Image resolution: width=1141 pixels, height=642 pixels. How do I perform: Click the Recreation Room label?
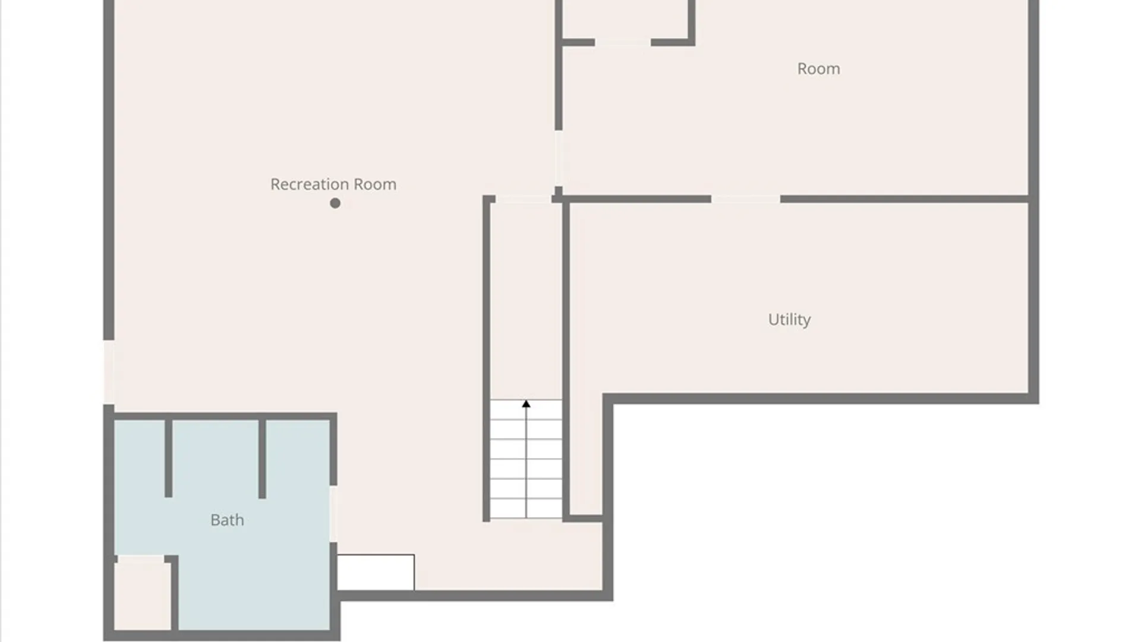tap(333, 184)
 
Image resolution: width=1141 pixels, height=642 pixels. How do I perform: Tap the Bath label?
tap(227, 520)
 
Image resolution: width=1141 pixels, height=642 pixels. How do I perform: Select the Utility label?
tap(789, 320)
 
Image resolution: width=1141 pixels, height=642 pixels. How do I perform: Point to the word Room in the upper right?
tap(818, 69)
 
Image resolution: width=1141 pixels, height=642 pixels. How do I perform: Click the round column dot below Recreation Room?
tap(335, 203)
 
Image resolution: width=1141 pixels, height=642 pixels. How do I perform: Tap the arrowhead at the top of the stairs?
tap(526, 404)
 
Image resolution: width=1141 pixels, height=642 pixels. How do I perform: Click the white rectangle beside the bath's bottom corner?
tap(376, 572)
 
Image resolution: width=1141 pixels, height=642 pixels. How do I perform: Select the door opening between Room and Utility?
tap(746, 199)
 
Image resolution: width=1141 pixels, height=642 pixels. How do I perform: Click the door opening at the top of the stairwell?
tap(524, 199)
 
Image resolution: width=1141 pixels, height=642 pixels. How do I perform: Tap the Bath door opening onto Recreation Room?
tap(333, 514)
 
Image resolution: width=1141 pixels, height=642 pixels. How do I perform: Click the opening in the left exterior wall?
tap(109, 372)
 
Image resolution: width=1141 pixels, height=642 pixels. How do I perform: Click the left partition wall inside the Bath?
tap(168, 458)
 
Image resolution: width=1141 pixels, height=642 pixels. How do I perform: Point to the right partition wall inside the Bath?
tap(262, 458)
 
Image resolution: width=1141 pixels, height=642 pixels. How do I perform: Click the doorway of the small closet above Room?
tap(623, 42)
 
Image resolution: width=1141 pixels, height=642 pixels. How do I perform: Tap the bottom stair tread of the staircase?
tap(526, 509)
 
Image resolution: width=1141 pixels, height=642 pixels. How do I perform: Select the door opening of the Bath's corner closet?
tap(141, 559)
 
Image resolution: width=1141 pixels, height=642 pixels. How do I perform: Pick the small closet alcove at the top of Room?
tap(625, 19)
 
